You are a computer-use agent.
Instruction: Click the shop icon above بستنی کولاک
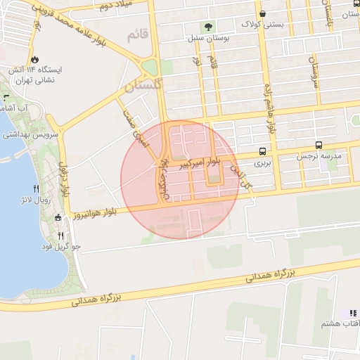pos(262,13)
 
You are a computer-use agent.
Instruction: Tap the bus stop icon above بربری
pos(262,151)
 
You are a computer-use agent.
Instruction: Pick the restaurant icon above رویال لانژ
pos(37,188)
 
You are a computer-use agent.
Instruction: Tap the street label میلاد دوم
pos(115,7)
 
